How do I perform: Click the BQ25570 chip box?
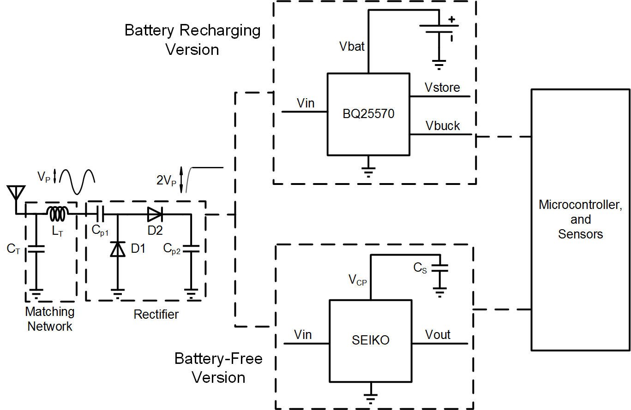point(368,114)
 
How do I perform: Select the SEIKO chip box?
point(370,340)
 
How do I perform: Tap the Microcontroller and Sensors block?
point(580,219)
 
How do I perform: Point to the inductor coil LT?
point(58,213)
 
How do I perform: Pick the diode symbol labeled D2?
point(155,214)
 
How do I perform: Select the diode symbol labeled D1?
point(117,250)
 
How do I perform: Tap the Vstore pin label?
point(443,88)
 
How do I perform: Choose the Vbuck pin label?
point(443,125)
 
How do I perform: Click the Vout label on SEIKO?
point(437,334)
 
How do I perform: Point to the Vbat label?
point(352,46)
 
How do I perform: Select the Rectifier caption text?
point(156,315)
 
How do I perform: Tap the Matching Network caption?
point(50,319)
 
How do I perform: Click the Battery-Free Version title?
point(218,368)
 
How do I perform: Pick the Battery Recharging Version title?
point(192,40)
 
